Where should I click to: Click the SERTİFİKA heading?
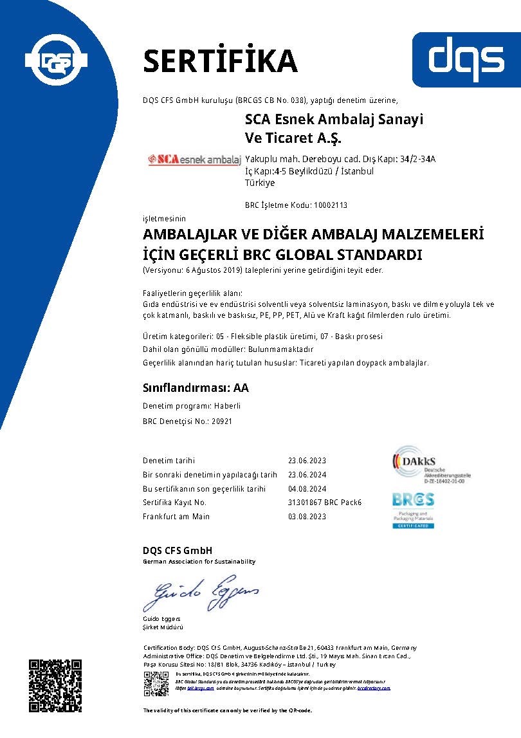(x=220, y=60)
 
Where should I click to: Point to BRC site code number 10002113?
(x=330, y=205)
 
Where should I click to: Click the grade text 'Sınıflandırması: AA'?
(x=196, y=388)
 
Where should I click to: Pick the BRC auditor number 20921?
(x=221, y=421)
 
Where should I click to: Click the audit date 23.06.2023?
(x=307, y=461)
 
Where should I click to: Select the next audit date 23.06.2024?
(x=307, y=475)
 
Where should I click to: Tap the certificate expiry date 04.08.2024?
(x=307, y=489)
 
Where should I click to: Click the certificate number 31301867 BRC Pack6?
(x=325, y=503)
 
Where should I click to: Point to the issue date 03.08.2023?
(x=307, y=517)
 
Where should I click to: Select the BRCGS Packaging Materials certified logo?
(x=414, y=510)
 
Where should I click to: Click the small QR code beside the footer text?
(x=156, y=683)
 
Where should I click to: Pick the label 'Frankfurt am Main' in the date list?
(x=176, y=517)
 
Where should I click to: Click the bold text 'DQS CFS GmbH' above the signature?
(x=178, y=551)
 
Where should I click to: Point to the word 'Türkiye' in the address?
(x=260, y=183)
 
